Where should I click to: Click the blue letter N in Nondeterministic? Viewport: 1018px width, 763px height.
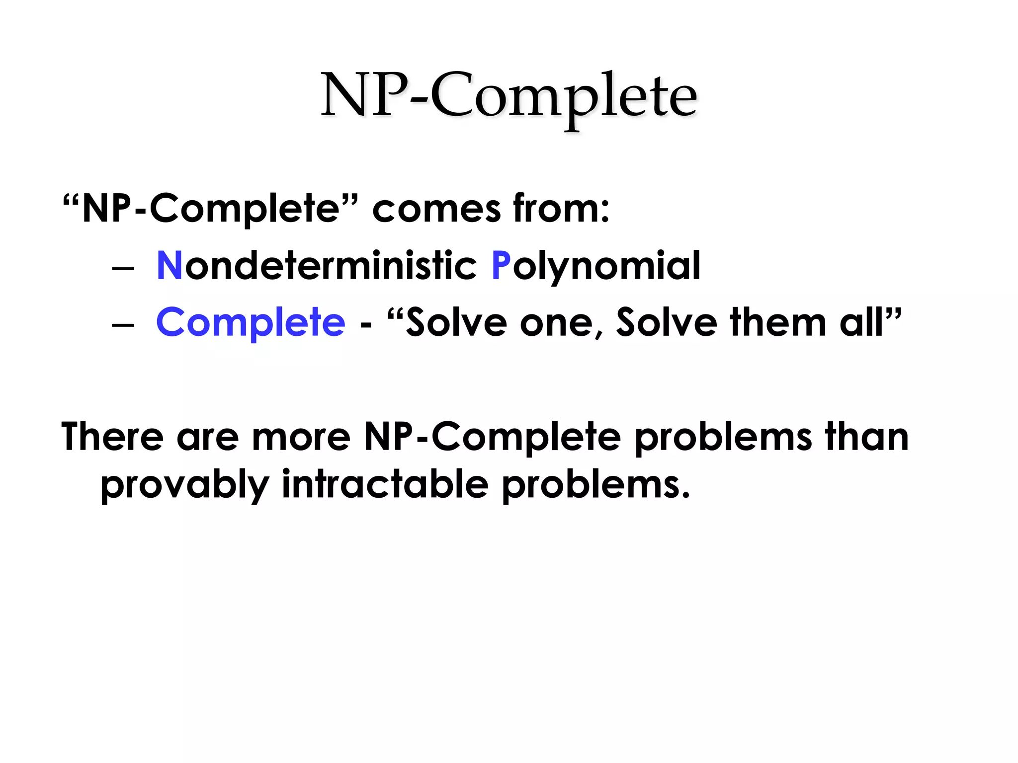[x=169, y=266]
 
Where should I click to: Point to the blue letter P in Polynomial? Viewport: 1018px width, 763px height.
[x=501, y=266]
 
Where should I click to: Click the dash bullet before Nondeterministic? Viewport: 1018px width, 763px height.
[x=123, y=269]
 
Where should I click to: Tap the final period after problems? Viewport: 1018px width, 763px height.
[x=685, y=495]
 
